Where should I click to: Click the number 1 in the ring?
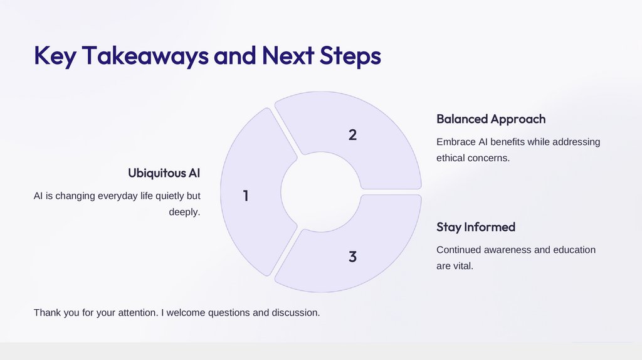pyautogui.click(x=246, y=196)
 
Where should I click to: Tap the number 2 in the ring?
pyautogui.click(x=352, y=134)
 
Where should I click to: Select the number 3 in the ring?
pyautogui.click(x=352, y=257)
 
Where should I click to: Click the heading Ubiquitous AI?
pyautogui.click(x=164, y=172)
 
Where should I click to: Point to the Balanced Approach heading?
pyautogui.click(x=491, y=119)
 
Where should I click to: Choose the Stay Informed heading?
pyautogui.click(x=476, y=226)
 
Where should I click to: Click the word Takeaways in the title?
pyautogui.click(x=145, y=56)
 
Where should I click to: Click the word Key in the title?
pyautogui.click(x=55, y=56)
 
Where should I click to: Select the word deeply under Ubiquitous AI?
pyautogui.click(x=184, y=212)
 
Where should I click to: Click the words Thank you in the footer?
pyautogui.click(x=56, y=312)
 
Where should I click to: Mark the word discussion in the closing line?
pyautogui.click(x=295, y=312)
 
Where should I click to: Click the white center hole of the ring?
pyautogui.click(x=320, y=191)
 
